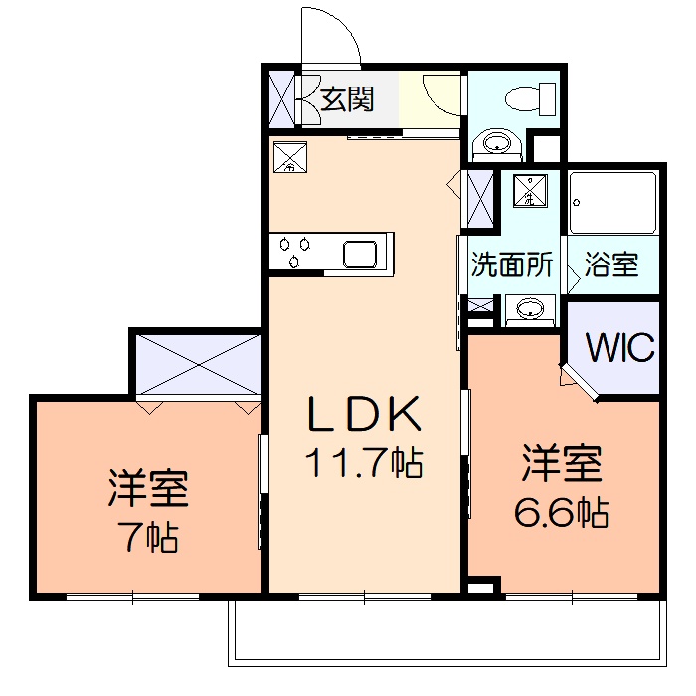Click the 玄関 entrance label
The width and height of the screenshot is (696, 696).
pos(347,99)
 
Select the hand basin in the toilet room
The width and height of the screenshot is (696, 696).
pos(494,145)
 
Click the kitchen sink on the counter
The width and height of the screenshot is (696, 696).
pos(360,253)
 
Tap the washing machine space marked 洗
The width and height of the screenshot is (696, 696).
pos(530,190)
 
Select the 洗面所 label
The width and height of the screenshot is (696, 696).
pos(511,265)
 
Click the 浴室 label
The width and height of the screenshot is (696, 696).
pos(611,265)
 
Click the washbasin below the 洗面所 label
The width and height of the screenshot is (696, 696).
pos(529,309)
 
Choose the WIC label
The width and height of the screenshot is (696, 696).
pos(619,348)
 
